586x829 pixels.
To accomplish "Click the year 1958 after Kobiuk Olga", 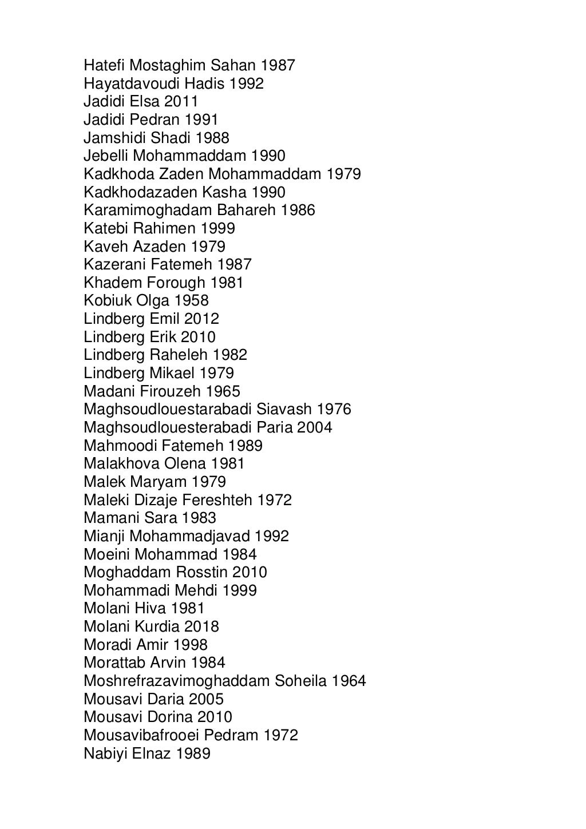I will click(191, 300).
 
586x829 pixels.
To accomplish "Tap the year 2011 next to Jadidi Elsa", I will click(181, 101).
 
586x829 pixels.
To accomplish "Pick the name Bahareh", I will click(247, 210).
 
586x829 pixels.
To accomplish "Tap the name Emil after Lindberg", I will click(164, 319).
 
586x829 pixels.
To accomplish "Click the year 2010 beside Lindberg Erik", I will click(198, 337).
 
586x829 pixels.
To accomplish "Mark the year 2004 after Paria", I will click(315, 427).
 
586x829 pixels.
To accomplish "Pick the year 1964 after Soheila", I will click(349, 681).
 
